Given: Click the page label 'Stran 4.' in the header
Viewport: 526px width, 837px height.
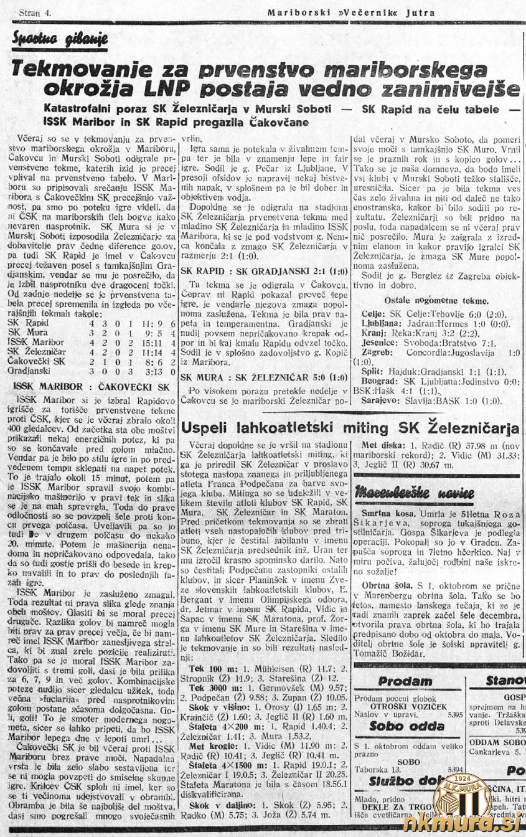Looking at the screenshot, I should pos(36,12).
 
